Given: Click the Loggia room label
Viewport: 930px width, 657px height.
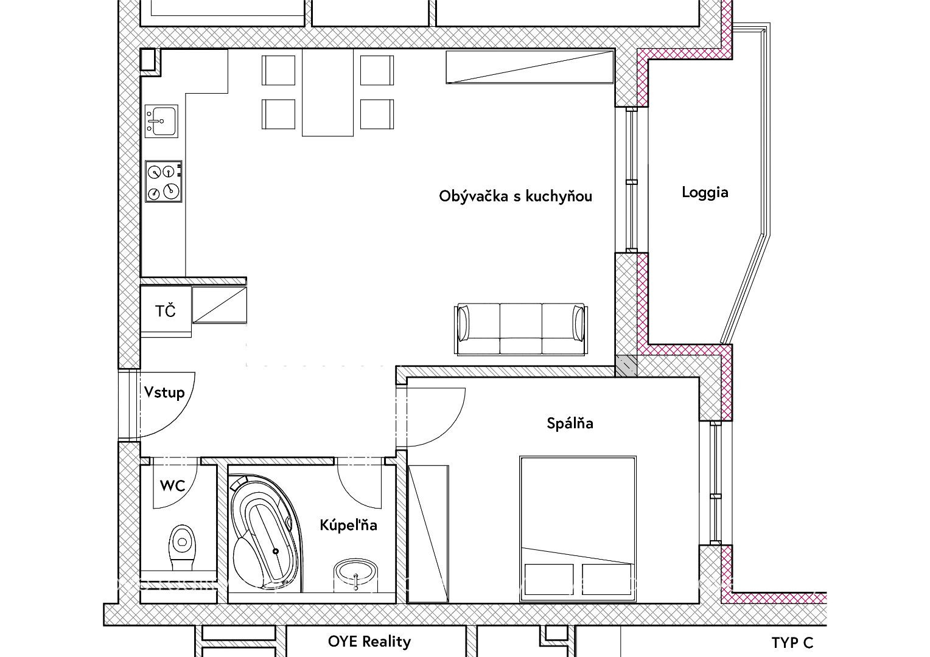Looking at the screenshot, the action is click(705, 193).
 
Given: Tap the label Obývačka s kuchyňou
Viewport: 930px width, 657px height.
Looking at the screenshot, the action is click(516, 196).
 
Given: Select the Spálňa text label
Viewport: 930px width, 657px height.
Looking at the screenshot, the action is click(570, 423).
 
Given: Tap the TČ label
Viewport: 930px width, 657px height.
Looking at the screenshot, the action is click(165, 310).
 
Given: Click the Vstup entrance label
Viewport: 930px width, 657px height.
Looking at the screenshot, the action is click(164, 392).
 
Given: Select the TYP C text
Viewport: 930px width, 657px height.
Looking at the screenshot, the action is click(792, 643).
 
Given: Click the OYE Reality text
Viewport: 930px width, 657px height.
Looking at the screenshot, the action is click(369, 642).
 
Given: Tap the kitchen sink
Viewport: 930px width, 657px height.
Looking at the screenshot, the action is click(161, 121).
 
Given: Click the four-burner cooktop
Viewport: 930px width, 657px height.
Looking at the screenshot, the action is click(164, 181).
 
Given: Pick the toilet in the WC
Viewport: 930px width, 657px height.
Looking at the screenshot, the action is click(181, 548).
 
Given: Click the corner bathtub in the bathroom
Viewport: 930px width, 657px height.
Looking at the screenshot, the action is click(266, 534).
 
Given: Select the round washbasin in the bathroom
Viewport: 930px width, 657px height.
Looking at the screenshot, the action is click(355, 571).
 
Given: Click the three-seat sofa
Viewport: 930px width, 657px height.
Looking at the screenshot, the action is click(520, 329).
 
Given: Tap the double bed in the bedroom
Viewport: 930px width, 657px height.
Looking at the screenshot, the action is click(578, 529).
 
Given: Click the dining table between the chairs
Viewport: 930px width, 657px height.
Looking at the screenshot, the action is click(327, 92).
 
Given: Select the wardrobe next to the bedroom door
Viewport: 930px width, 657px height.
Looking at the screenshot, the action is click(428, 534).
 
